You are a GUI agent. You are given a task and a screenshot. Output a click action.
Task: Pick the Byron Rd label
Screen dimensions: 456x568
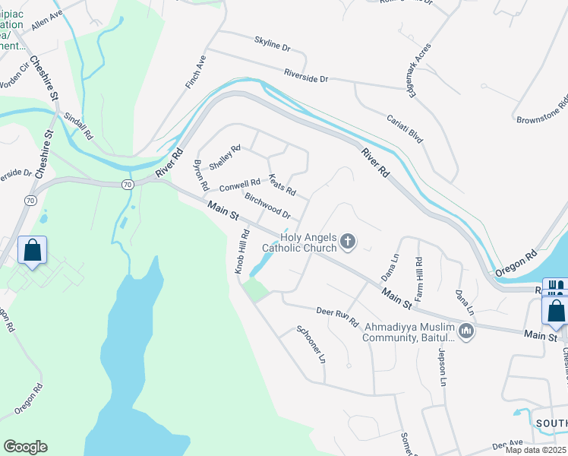point(200,176)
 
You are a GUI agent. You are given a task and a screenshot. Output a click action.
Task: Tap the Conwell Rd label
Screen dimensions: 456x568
point(240,185)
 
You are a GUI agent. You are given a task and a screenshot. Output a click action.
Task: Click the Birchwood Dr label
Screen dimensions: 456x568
point(267,204)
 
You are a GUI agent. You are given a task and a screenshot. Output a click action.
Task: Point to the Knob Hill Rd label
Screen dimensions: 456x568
point(241,251)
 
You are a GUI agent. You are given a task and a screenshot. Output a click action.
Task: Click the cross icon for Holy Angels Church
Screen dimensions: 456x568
point(348,242)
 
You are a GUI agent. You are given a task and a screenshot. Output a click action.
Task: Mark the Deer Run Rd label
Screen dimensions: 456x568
point(337,316)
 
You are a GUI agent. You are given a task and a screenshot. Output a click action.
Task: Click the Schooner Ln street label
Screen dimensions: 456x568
point(311,343)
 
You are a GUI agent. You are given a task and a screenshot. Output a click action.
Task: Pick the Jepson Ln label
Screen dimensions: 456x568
point(439,367)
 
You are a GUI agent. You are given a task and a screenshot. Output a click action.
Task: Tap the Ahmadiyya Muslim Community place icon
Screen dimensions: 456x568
point(466,331)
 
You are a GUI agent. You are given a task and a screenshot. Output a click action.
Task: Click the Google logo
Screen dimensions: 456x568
point(25,447)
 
